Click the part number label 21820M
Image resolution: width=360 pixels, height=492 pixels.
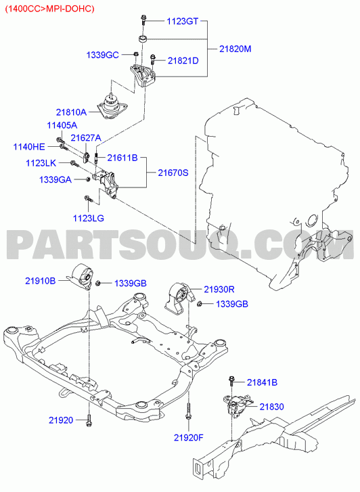tap(235, 49)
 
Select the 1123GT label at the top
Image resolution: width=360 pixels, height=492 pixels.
tap(182, 22)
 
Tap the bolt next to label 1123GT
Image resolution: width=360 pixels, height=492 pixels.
tap(143, 20)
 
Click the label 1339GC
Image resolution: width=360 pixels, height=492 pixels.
tap(103, 55)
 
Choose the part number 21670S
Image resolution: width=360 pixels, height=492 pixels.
tap(173, 173)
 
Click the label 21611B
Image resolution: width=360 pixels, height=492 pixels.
tap(122, 158)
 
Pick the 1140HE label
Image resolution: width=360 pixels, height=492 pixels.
tap(29, 147)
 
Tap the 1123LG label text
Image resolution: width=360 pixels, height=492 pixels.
tap(89, 218)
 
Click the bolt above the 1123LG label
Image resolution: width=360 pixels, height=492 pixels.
tap(87, 198)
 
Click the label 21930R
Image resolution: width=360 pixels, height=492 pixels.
tap(219, 289)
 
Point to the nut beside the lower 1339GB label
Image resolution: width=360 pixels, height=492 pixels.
tap(199, 303)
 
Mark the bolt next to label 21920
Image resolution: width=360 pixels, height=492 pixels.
tap(89, 420)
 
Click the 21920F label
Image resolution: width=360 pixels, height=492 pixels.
tap(189, 437)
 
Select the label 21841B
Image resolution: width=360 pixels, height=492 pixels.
tap(262, 382)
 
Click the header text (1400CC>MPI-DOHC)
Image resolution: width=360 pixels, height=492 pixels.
tap(49, 9)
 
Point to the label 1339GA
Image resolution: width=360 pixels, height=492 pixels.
tap(55, 180)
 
